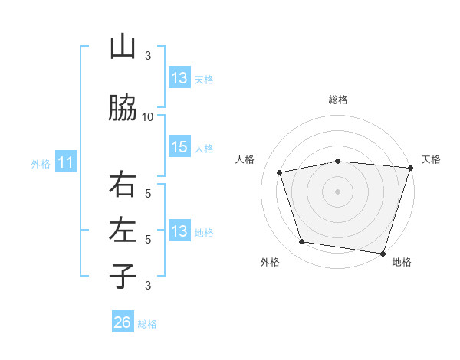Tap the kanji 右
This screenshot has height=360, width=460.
click(123, 185)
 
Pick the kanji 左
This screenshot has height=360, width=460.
click(123, 230)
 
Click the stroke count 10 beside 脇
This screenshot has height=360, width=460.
click(148, 116)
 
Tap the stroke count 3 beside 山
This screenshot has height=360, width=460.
click(148, 56)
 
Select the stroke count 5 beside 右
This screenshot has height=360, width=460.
click(148, 193)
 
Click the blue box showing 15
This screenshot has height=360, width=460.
click(179, 148)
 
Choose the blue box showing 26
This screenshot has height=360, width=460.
click(123, 322)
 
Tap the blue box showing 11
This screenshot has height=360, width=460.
click(66, 162)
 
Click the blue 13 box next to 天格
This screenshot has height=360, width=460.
click(179, 78)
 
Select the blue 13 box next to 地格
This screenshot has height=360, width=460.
click(179, 231)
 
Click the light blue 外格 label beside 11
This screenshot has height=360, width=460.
click(41, 163)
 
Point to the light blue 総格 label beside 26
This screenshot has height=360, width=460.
click(147, 324)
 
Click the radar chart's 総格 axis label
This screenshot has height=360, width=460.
click(338, 100)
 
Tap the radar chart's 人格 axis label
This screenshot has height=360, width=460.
click(245, 159)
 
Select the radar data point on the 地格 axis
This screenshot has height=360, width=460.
click(383, 253)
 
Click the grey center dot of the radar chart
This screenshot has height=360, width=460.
click(338, 191)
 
